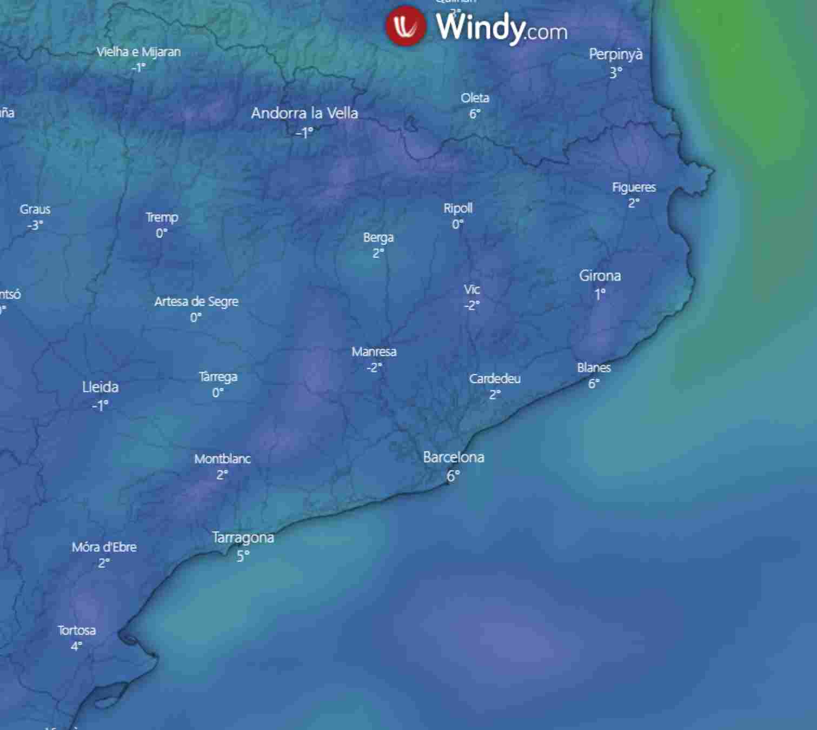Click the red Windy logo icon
click(406, 25)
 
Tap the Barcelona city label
click(453, 457)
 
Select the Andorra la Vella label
click(304, 113)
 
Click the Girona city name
click(600, 276)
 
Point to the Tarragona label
click(243, 537)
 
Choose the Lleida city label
click(100, 387)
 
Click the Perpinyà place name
click(615, 55)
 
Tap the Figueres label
click(634, 188)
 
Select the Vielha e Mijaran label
click(138, 52)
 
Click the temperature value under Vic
click(471, 306)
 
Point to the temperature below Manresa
click(374, 368)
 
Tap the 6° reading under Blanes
click(594, 384)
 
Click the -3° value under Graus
click(35, 225)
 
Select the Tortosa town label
click(77, 631)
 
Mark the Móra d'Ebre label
click(104, 547)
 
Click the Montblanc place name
click(222, 459)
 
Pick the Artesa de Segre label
click(196, 302)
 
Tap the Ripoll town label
click(458, 208)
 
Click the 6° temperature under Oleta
click(475, 114)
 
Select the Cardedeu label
click(495, 379)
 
